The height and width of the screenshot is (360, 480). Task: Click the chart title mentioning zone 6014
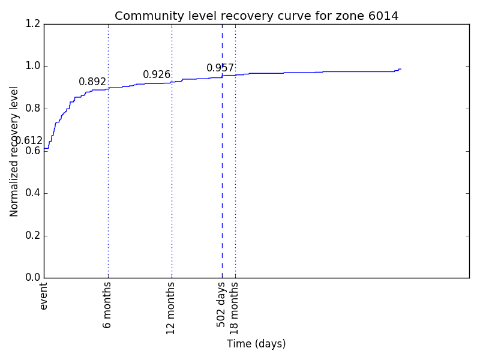point(256,16)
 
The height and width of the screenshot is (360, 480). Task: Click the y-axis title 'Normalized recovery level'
point(14,151)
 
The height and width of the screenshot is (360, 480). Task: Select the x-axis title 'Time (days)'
point(256,344)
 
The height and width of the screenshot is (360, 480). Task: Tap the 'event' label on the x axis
point(44,296)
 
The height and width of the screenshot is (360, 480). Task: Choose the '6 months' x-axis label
point(108,305)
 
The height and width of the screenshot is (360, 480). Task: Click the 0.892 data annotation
point(92,82)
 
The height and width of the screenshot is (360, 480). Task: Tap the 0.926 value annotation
point(157,75)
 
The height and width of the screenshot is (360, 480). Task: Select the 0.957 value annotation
point(220,68)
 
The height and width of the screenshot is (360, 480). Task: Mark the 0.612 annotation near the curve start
point(29,141)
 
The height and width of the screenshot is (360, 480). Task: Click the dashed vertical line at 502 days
point(222,180)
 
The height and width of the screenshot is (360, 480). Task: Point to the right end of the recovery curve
point(400,69)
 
